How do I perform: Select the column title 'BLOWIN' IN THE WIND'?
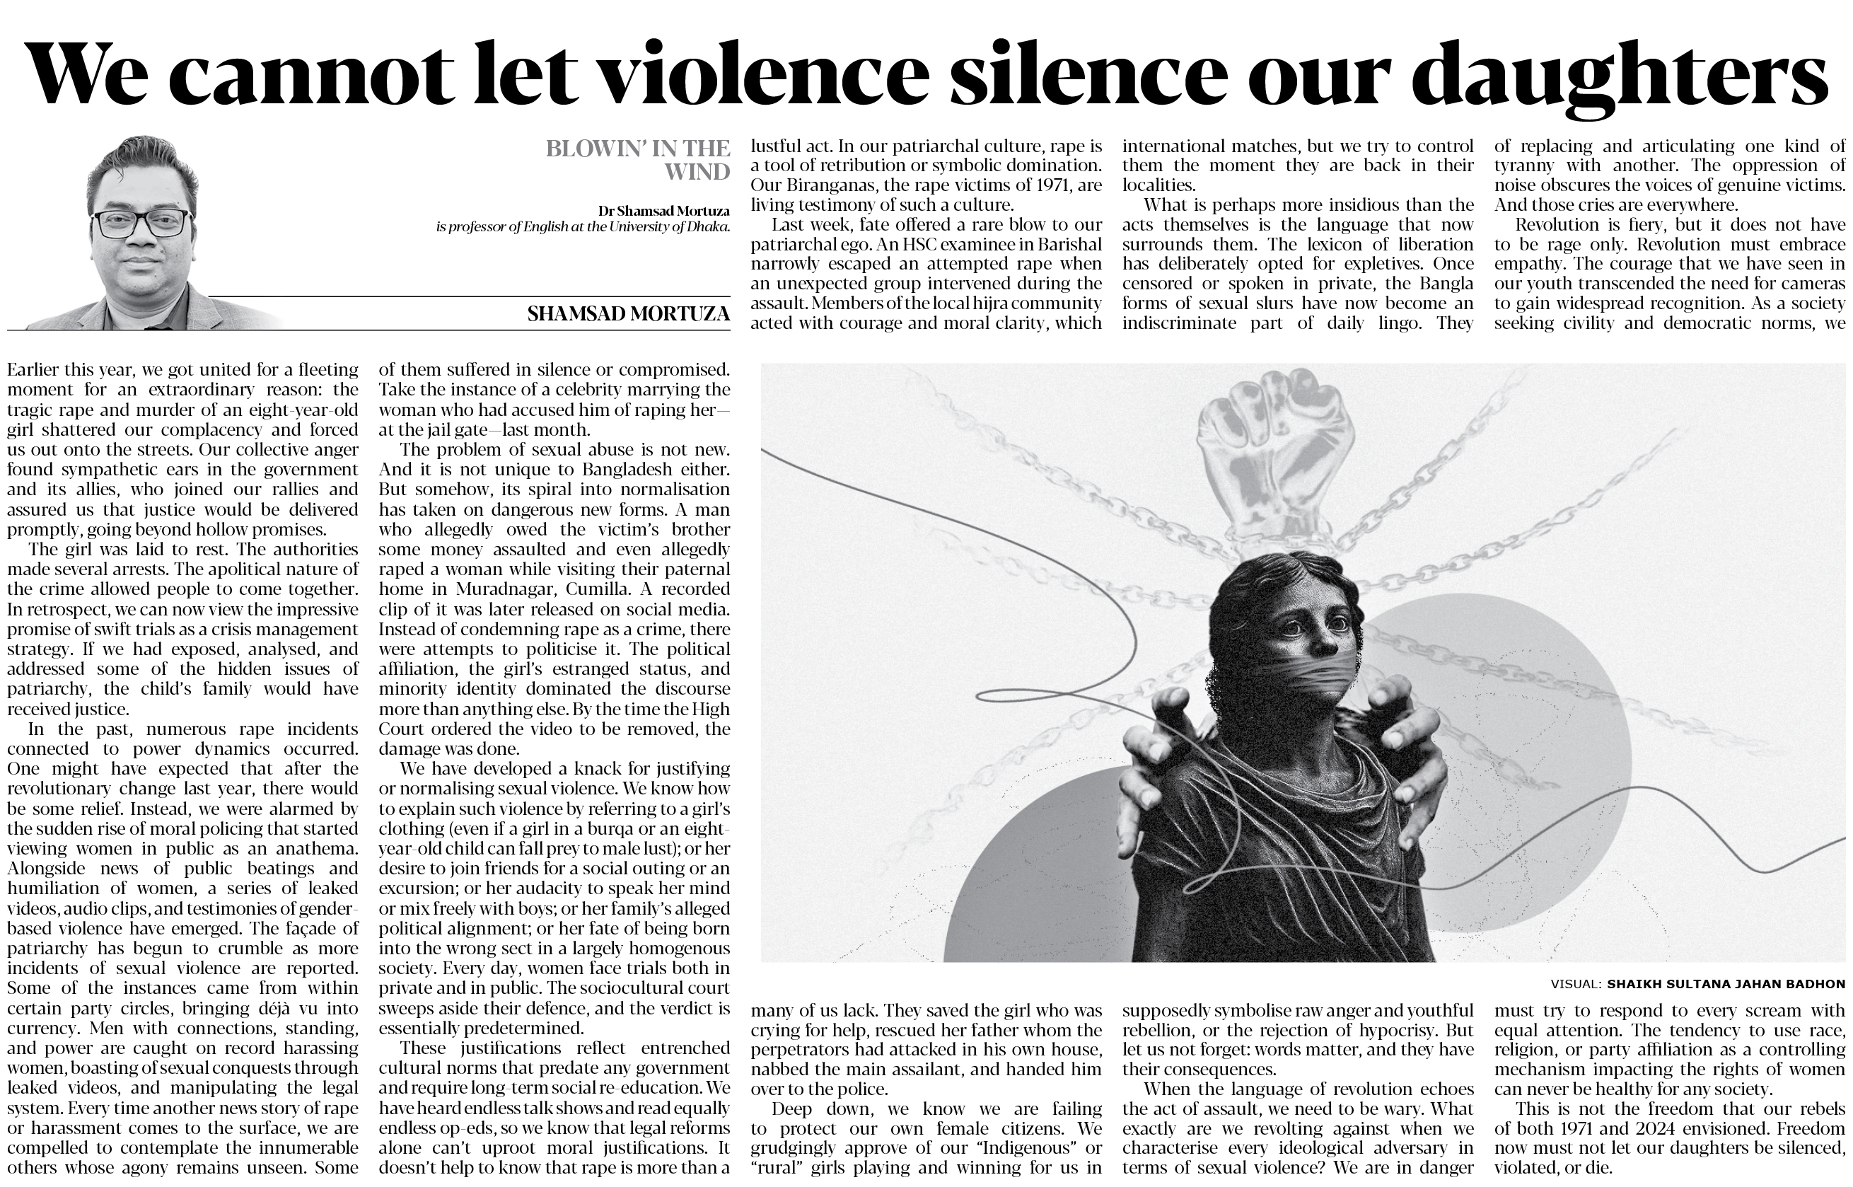click(639, 160)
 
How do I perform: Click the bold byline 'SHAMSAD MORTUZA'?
click(629, 313)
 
